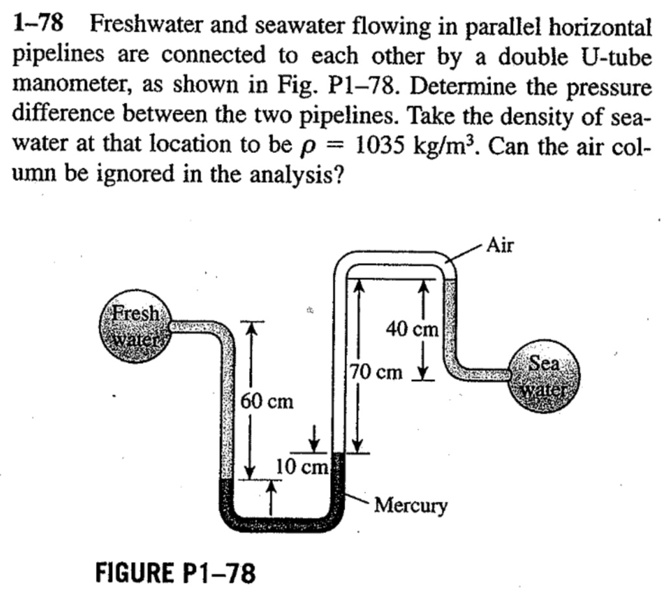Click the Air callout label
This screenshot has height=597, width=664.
(x=499, y=245)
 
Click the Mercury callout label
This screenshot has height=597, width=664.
(x=411, y=504)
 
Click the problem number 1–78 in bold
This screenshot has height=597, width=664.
(x=39, y=24)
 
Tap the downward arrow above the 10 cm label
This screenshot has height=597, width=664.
(x=315, y=438)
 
